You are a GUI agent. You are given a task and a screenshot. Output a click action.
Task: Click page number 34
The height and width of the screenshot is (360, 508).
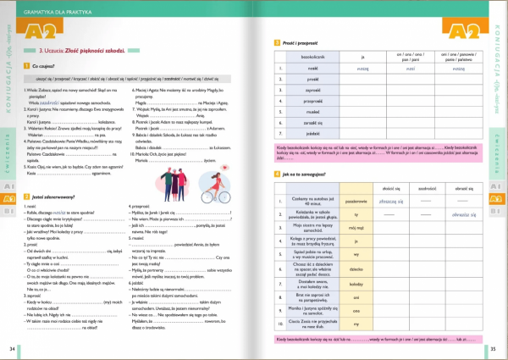tap(12, 348)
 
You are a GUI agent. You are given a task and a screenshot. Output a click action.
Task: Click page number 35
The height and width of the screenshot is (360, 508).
tap(494, 348)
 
